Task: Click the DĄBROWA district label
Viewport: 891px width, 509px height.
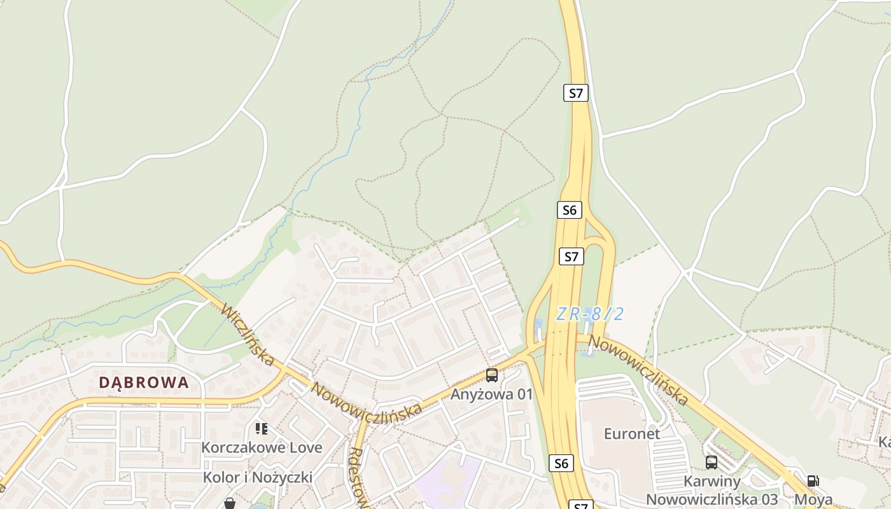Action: (x=144, y=382)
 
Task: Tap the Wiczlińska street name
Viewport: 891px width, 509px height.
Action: (x=248, y=335)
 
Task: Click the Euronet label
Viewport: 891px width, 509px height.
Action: (x=631, y=434)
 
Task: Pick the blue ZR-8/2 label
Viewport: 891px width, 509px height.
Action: (x=589, y=314)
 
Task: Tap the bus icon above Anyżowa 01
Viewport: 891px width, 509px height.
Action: (x=491, y=375)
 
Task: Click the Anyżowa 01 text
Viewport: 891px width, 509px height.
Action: (x=491, y=394)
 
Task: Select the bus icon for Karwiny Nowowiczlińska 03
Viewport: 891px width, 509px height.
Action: (x=712, y=463)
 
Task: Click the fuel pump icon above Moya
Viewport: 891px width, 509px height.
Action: (x=813, y=481)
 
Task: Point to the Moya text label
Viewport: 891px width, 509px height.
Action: (x=813, y=499)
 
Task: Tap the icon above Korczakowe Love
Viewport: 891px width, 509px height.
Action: (x=261, y=429)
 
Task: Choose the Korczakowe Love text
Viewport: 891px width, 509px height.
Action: (x=262, y=447)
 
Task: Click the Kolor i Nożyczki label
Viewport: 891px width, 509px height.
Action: (x=257, y=477)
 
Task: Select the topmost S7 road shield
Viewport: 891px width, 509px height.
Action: (x=575, y=93)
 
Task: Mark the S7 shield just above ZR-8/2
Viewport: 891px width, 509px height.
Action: (x=571, y=256)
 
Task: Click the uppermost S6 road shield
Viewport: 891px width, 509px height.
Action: (x=569, y=210)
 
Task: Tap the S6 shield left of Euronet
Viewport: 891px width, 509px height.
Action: (x=561, y=463)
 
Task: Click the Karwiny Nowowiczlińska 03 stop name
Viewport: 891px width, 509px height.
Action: (x=712, y=490)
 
